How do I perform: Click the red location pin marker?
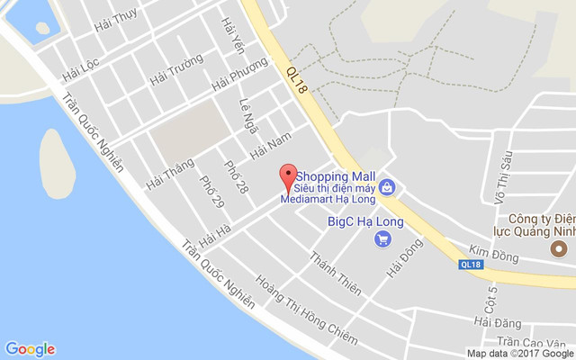pos(288,175)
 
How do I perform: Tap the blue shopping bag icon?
pos(386,188)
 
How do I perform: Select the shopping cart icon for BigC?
pos(382,238)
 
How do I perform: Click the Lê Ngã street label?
pos(249,115)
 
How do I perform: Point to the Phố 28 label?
pos(237,175)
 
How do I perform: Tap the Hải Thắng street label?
pos(169,172)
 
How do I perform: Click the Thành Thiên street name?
pos(335,273)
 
